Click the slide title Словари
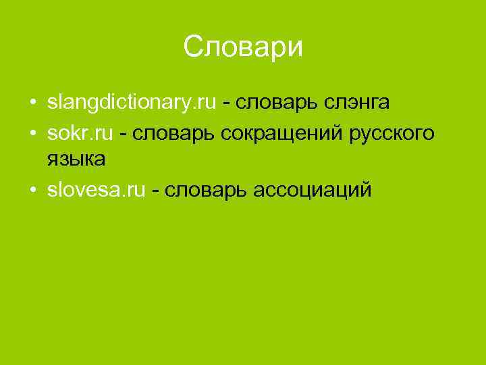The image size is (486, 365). click(x=243, y=47)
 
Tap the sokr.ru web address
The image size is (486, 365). click(x=80, y=134)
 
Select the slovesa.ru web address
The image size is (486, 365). click(x=96, y=191)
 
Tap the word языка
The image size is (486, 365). click(x=76, y=160)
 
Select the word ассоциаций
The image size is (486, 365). click(x=312, y=191)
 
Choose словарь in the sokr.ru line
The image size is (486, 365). click(x=167, y=134)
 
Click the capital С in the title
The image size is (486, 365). click(x=194, y=47)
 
